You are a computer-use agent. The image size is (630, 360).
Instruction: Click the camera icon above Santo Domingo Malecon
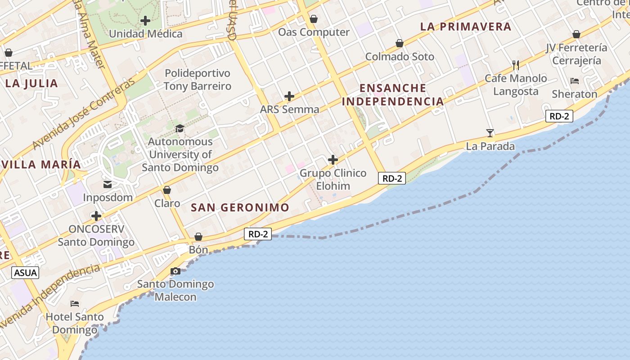point(175,271)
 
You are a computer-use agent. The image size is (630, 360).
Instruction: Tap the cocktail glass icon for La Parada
point(490,133)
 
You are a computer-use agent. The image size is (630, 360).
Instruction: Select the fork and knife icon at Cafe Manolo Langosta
point(516,65)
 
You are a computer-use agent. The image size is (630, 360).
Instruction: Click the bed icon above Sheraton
point(575,81)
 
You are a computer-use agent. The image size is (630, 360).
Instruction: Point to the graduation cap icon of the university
point(180,128)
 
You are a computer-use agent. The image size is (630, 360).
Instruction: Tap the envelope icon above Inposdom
point(108,184)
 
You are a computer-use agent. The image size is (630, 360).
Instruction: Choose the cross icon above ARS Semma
point(289,96)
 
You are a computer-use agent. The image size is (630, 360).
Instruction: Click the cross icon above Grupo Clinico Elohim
point(333,160)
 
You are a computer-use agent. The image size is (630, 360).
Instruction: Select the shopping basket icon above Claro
point(167,190)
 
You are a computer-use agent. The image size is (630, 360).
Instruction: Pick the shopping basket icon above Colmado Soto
point(400,43)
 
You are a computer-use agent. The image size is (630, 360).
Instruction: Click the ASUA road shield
point(25,272)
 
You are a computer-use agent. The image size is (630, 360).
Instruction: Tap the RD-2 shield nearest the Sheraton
point(559,116)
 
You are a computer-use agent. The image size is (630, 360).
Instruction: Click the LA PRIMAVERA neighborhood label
point(466,27)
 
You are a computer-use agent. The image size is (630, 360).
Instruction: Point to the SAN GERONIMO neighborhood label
point(240,207)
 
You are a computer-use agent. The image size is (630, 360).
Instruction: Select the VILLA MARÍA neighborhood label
point(41,164)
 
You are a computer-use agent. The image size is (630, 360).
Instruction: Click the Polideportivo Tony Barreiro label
point(197,80)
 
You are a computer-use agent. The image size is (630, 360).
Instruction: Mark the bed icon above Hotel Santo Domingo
point(75,304)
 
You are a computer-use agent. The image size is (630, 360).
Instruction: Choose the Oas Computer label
point(314,32)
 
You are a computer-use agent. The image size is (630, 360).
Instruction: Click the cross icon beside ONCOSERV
point(96,216)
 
